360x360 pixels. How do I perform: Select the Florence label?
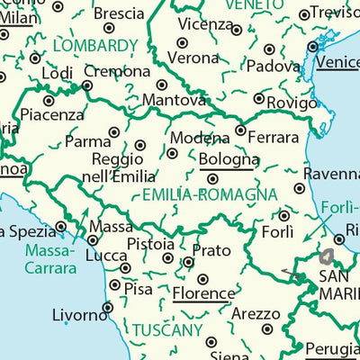203,293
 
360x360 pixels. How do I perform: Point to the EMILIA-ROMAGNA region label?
210,194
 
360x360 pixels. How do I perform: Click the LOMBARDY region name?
95,45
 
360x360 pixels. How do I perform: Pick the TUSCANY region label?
167,330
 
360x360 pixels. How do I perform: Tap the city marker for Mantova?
163,85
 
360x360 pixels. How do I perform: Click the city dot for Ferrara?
240,130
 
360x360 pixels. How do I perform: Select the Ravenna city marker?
299,188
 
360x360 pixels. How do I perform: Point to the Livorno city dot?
107,307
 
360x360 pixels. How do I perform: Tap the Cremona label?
117,71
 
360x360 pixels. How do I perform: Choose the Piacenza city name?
52,115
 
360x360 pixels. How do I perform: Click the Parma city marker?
114,132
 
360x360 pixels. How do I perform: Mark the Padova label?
273,66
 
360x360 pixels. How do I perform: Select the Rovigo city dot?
258,99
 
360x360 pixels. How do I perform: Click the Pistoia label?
150,244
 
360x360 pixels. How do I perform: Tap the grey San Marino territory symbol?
325,256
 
